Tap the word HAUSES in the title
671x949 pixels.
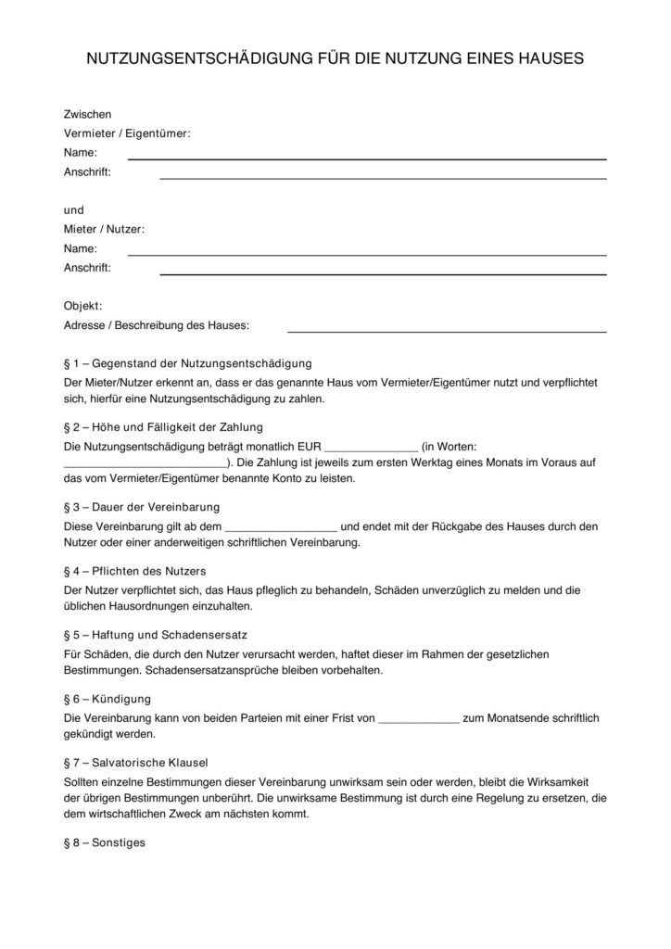click(548, 58)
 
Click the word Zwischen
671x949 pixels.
click(87, 115)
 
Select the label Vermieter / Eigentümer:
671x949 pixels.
click(127, 133)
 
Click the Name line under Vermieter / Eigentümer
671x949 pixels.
click(366, 158)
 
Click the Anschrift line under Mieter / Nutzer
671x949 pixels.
click(383, 273)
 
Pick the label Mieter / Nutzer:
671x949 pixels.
click(104, 229)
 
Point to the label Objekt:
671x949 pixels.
click(82, 306)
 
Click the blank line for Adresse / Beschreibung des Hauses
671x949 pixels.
click(447, 331)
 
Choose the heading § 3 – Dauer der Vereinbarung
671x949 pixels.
click(142, 507)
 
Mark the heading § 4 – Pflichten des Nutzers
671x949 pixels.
click(134, 570)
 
